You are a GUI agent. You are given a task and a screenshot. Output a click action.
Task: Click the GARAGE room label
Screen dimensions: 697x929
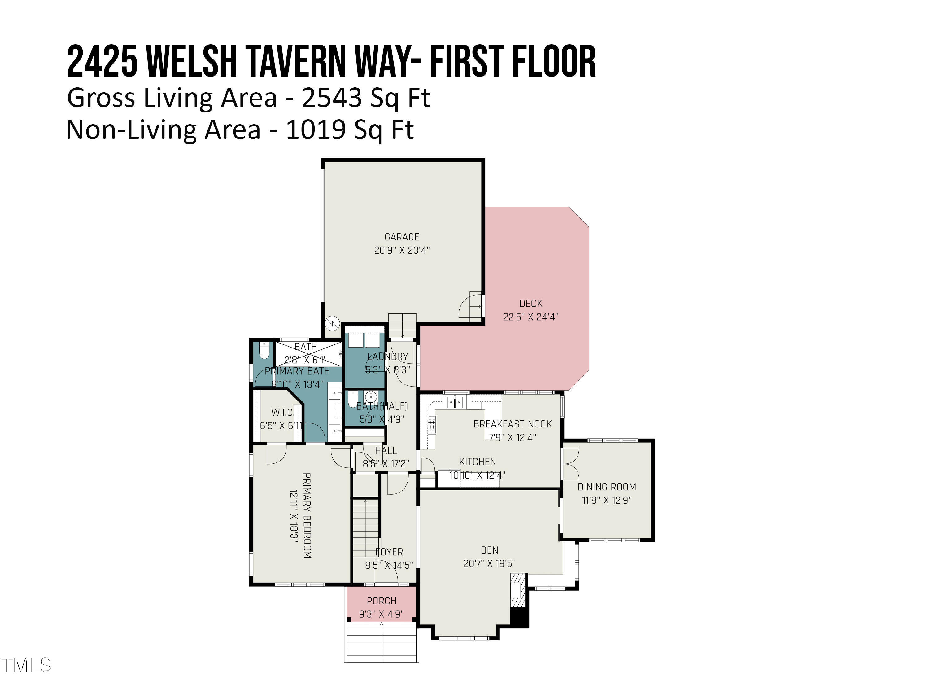pyautogui.click(x=402, y=237)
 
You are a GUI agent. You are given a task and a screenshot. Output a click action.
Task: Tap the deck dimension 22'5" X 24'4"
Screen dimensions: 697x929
pyautogui.click(x=530, y=317)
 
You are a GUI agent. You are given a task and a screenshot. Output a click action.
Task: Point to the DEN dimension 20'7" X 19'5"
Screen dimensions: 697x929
pyautogui.click(x=489, y=563)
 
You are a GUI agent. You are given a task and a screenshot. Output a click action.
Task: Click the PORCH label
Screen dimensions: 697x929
pyautogui.click(x=381, y=601)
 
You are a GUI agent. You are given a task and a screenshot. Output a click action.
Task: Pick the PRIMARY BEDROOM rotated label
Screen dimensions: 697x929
pyautogui.click(x=307, y=515)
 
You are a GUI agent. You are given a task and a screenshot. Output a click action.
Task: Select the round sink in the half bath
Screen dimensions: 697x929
pyautogui.click(x=371, y=396)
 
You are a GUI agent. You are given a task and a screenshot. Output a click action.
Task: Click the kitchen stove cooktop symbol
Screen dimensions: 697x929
pyautogui.click(x=432, y=424)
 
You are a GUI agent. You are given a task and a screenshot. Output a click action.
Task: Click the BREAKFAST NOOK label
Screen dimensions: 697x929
pyautogui.click(x=512, y=424)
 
